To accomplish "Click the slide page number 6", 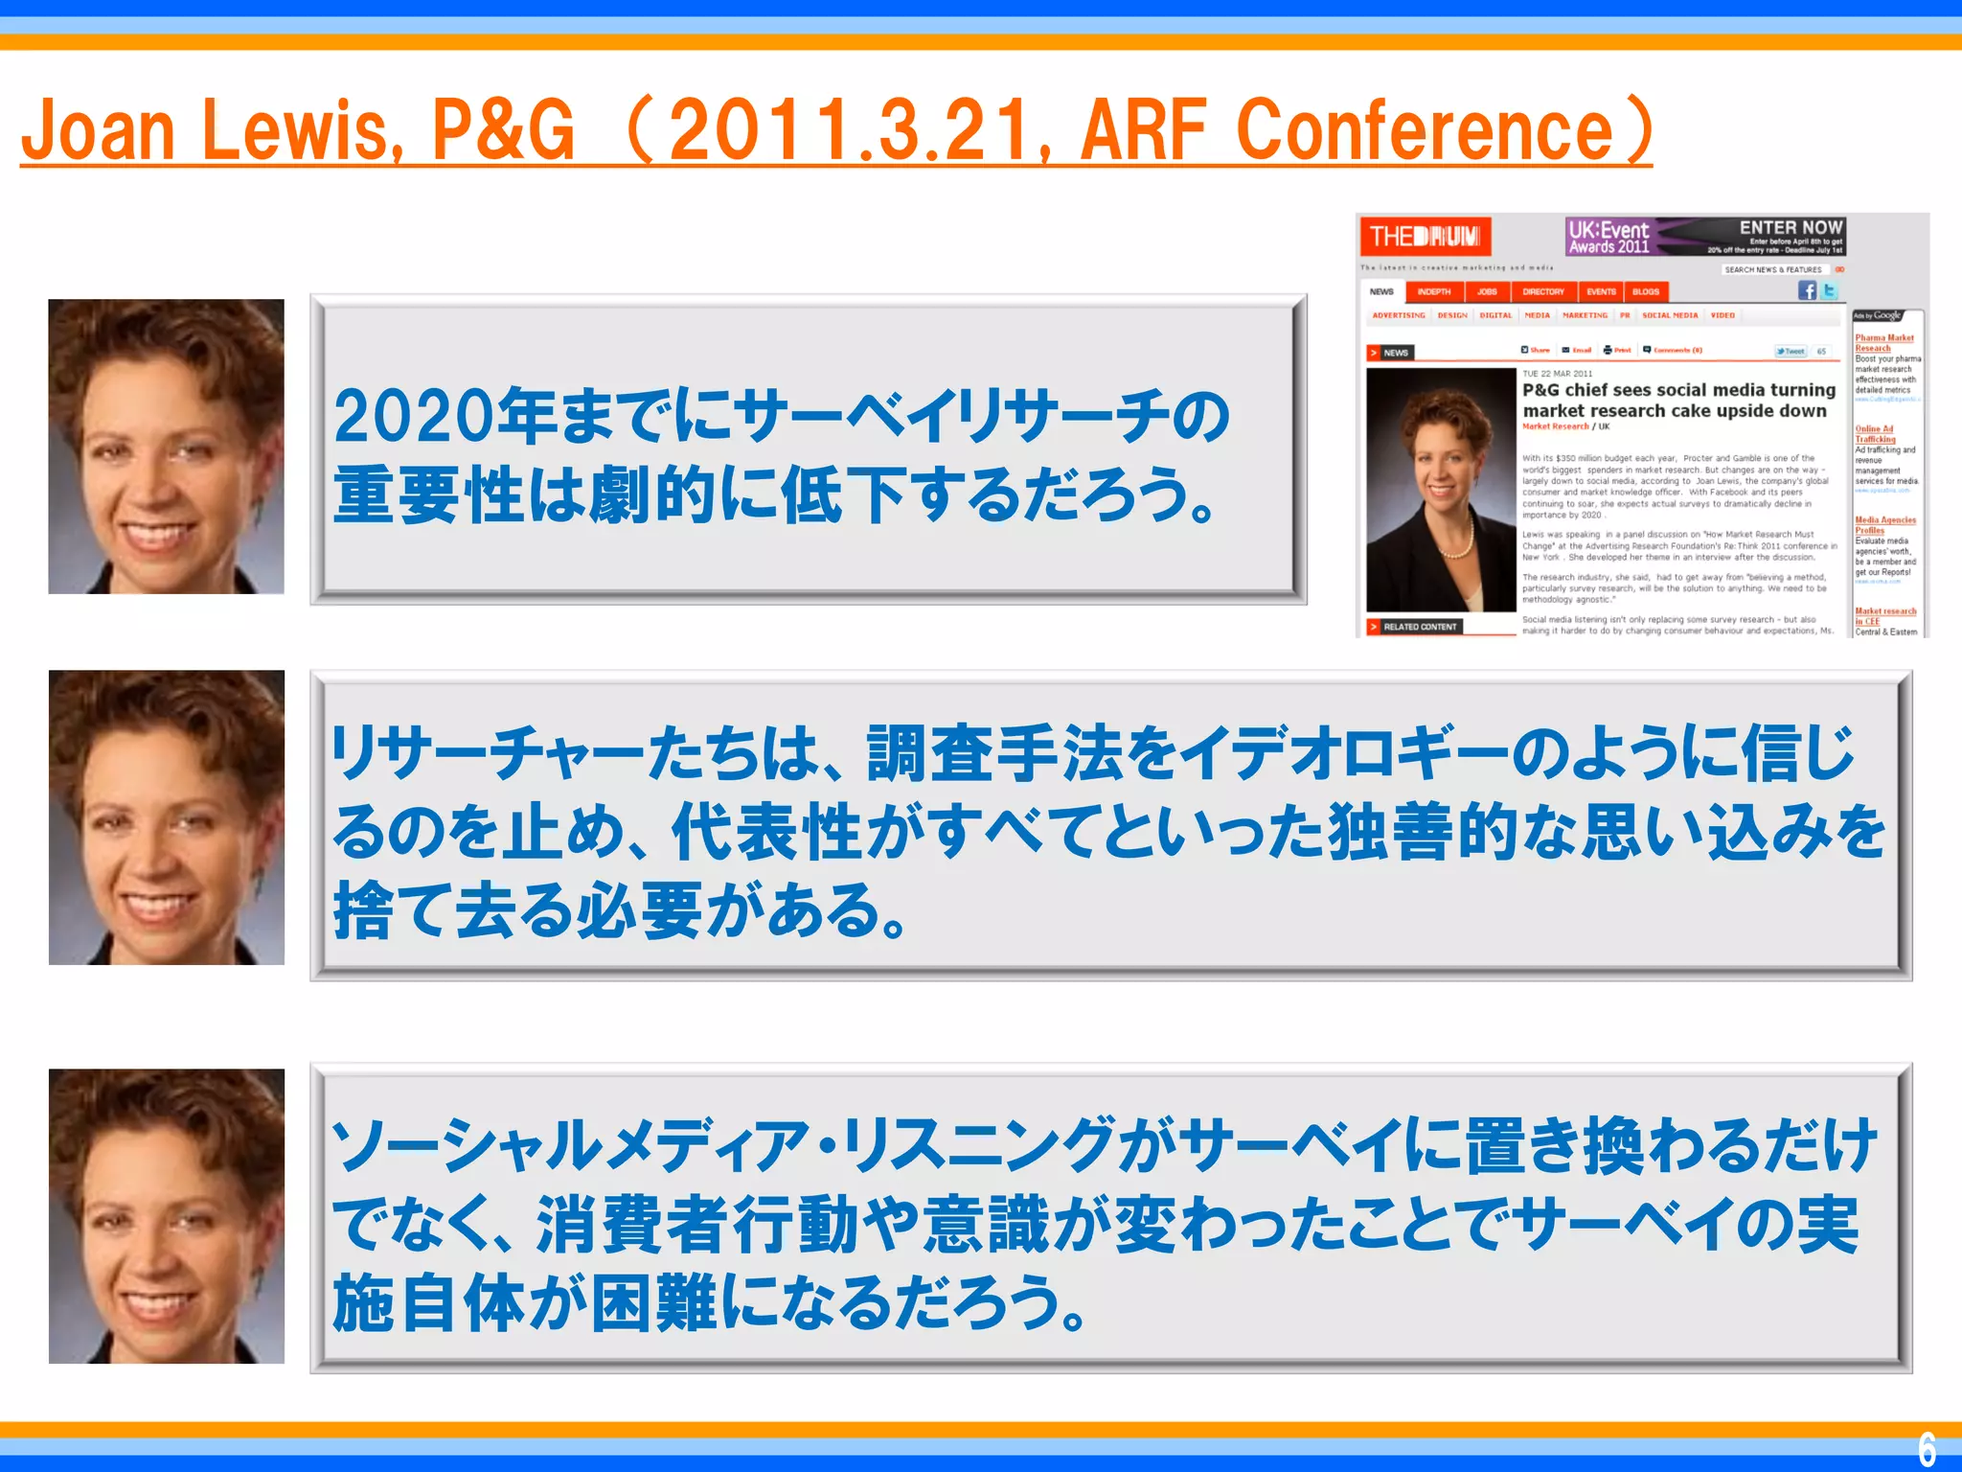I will [x=1927, y=1448].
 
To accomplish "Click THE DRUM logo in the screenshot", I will [x=1425, y=236].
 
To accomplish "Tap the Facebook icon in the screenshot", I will [x=1807, y=290].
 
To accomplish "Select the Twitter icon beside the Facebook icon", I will [x=1829, y=290].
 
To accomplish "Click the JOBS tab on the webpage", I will [x=1486, y=291].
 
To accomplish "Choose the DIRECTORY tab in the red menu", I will [x=1542, y=291].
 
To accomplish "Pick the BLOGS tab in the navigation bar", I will [x=1646, y=291].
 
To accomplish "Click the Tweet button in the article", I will [x=1791, y=352].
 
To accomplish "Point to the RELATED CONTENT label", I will [x=1419, y=627].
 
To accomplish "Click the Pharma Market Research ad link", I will [x=1883, y=343].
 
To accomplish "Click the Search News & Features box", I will [x=1773, y=270].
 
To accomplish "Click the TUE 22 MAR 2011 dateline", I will [x=1558, y=374].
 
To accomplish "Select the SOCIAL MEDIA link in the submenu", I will [x=1670, y=315].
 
